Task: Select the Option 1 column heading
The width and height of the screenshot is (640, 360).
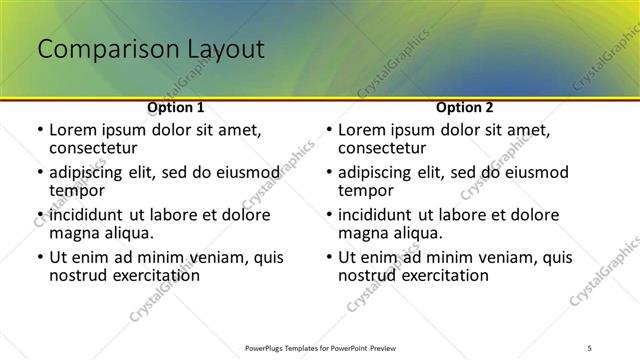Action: click(x=175, y=107)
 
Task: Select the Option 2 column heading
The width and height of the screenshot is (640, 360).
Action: click(x=464, y=107)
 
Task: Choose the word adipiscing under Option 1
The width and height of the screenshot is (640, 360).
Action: click(x=91, y=172)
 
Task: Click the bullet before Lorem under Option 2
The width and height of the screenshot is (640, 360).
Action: click(x=329, y=130)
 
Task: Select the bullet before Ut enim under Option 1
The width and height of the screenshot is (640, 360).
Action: click(x=40, y=257)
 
